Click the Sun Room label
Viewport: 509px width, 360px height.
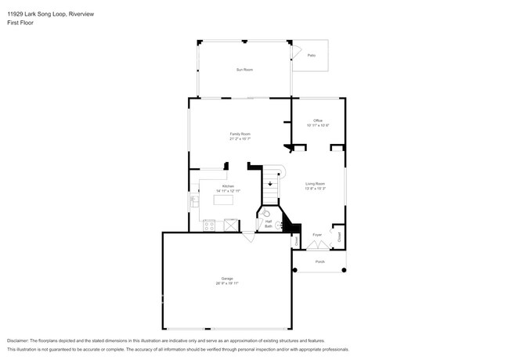(244, 70)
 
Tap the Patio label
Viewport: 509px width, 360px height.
(311, 55)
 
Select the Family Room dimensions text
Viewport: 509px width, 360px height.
(240, 139)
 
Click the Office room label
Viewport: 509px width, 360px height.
(318, 120)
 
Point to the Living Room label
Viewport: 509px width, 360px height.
(315, 184)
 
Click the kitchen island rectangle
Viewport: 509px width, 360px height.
(225, 200)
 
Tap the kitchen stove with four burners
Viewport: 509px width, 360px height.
(209, 226)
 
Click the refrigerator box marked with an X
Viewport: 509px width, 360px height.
(231, 225)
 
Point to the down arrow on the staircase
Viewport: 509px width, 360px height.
(270, 185)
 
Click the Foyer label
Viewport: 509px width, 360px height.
(317, 235)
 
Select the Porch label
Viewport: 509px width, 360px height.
(319, 261)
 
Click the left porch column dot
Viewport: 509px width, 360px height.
(296, 270)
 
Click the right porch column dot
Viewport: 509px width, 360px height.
(343, 270)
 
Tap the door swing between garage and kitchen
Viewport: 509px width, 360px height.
(248, 236)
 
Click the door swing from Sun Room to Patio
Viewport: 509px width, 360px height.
(298, 52)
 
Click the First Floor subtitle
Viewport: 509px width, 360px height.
(20, 23)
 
